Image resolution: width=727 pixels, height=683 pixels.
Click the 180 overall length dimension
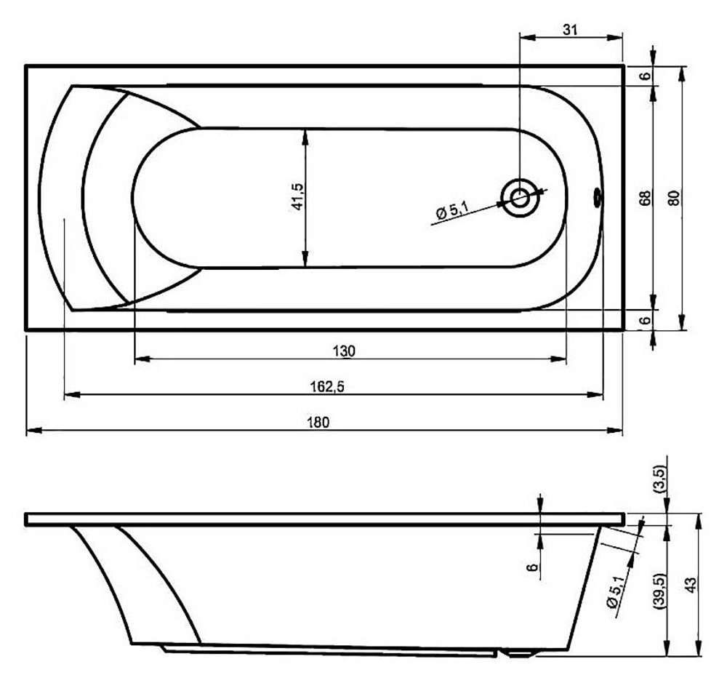coord(318,422)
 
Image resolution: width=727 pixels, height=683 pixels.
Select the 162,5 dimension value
coord(327,386)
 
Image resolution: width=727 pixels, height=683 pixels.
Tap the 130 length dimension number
coord(344,351)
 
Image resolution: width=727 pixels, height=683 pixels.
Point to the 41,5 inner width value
coord(297,196)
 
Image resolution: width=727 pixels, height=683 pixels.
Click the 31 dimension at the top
coord(570,30)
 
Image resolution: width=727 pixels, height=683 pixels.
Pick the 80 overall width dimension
coord(675,198)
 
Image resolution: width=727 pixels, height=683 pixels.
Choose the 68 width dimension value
coord(645,198)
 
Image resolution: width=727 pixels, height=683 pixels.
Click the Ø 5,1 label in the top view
coord(452,211)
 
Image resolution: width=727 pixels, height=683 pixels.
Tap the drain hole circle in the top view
coord(521,198)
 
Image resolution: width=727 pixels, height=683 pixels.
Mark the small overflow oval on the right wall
coord(597,198)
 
